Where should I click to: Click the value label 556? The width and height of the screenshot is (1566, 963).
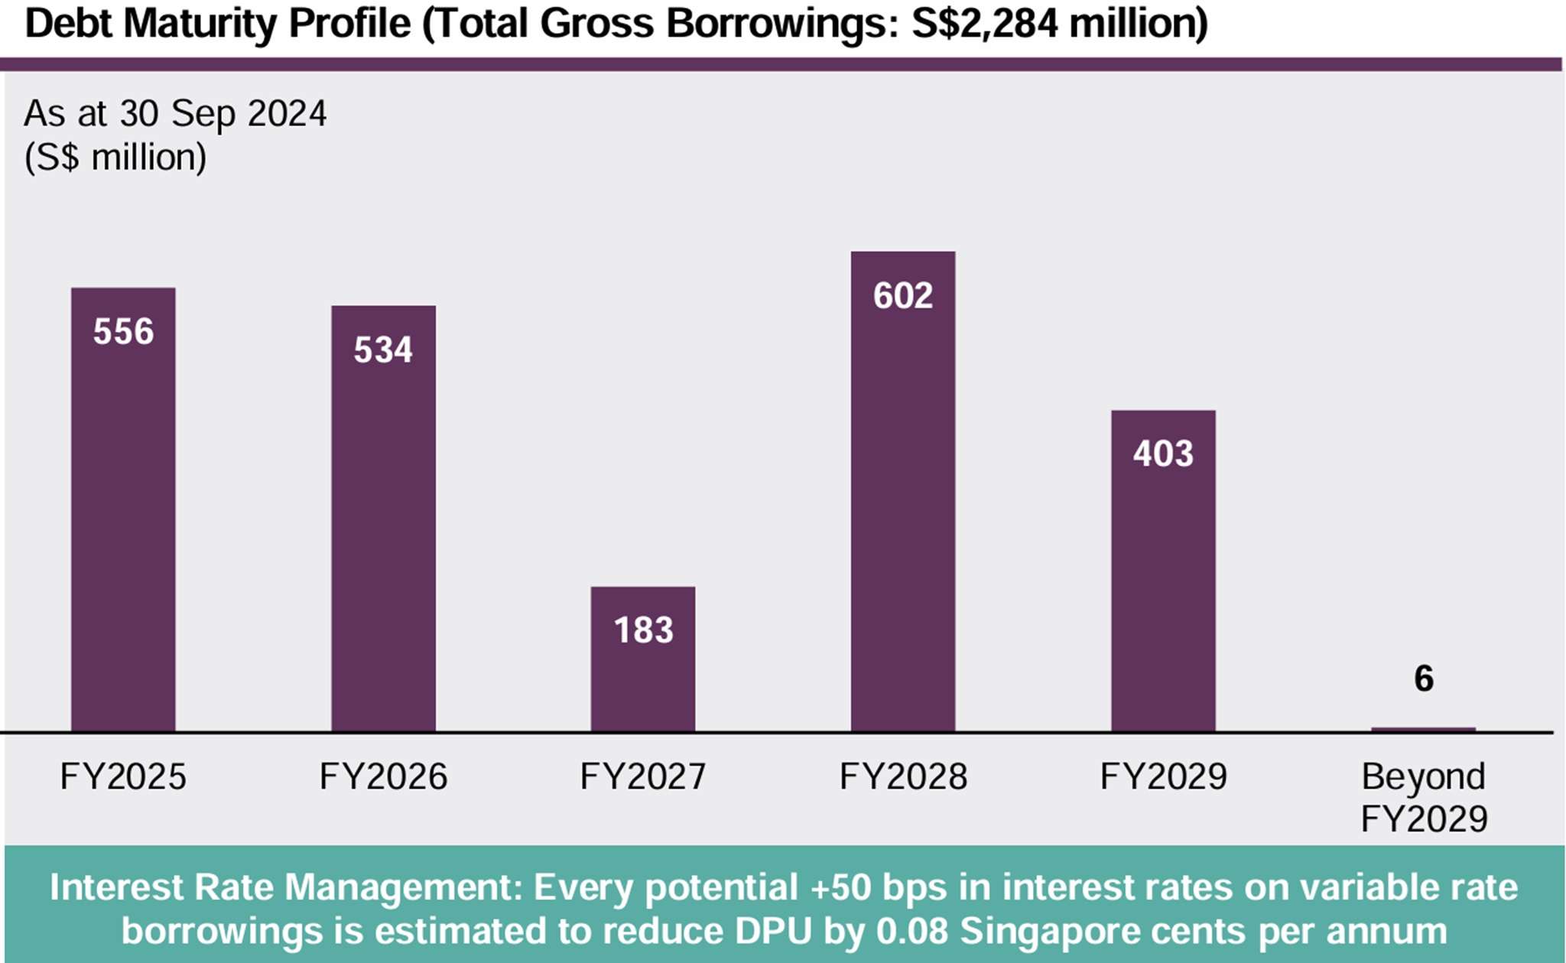point(123,332)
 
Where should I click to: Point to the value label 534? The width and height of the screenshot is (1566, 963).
point(383,350)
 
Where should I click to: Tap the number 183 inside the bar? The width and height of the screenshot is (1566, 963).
point(643,630)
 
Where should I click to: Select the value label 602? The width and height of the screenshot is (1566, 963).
point(903,296)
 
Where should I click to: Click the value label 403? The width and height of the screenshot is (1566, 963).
point(1163,454)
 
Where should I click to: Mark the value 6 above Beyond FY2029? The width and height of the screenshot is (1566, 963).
point(1423,678)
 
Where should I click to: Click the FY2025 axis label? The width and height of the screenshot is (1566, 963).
point(123,777)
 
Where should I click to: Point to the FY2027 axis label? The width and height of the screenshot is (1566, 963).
point(643,777)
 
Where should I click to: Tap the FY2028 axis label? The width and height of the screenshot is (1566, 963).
point(903,777)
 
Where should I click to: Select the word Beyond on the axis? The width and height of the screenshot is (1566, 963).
point(1423,777)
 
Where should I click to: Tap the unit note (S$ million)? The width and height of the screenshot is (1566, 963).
point(115,158)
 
